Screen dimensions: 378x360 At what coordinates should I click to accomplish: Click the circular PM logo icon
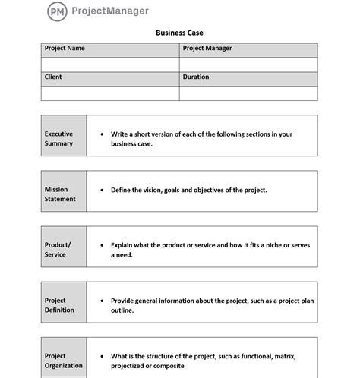56,11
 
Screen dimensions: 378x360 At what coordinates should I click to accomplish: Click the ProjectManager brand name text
109,11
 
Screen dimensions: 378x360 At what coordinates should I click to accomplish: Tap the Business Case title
179,33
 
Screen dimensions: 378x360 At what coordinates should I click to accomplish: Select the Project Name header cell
110,49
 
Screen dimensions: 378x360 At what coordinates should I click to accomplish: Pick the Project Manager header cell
248,49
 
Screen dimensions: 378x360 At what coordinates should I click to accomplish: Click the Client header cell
110,78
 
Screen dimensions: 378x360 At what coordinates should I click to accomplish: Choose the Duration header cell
248,78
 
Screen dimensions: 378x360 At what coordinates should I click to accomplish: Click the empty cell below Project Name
110,65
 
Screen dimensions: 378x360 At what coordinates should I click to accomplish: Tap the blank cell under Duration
248,93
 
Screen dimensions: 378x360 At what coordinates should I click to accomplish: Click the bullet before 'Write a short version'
102,134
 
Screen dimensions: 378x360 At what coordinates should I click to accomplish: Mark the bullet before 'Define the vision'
102,190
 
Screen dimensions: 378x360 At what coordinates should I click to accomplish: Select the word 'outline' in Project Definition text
122,310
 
